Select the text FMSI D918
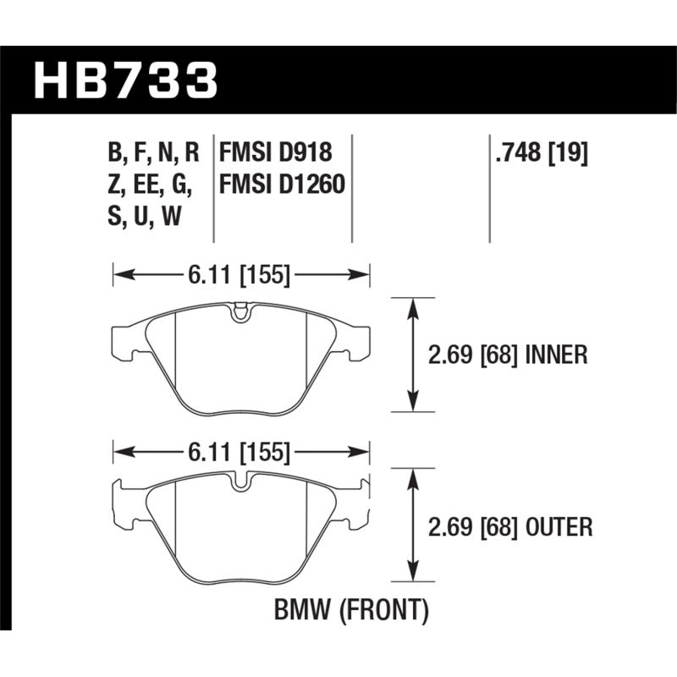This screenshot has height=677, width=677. tap(275, 154)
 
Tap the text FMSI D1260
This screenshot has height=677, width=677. tap(282, 184)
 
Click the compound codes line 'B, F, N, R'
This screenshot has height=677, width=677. tap(153, 154)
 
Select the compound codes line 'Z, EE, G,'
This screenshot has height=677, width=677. tap(150, 184)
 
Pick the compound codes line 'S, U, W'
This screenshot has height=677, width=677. tap(144, 216)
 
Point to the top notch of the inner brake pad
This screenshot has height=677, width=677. tap(241, 311)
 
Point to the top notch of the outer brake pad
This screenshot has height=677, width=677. tap(241, 484)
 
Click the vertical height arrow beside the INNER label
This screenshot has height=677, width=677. tap(412, 355)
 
